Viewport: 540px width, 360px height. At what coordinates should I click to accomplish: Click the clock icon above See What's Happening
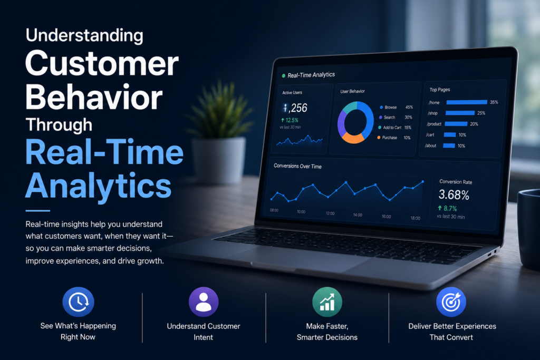point(78,302)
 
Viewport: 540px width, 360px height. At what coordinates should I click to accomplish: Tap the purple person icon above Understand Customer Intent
point(204,302)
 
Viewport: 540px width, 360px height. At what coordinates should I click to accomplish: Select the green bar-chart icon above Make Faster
point(327,302)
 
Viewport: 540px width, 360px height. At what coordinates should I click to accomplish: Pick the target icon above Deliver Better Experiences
point(451,302)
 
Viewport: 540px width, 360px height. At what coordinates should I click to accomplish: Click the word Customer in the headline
point(102,64)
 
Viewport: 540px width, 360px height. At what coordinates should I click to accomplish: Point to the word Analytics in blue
point(99,186)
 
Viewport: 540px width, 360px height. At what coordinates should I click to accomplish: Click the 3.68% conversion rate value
point(454,195)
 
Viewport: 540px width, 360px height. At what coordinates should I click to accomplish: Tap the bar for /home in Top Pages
point(467,102)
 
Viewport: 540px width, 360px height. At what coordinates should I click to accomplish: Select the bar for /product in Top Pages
point(456,124)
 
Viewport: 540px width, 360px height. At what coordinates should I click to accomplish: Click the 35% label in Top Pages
point(494,102)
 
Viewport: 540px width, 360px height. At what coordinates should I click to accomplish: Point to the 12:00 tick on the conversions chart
point(330,213)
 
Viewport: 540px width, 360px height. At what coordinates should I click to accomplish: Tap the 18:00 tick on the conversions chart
point(416,218)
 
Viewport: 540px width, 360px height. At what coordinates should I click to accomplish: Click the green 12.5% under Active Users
point(290,120)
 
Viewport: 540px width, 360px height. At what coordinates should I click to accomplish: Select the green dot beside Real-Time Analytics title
point(283,76)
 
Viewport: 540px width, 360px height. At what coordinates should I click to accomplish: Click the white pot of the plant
point(218,160)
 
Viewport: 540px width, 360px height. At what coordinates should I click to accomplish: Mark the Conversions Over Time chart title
point(297,166)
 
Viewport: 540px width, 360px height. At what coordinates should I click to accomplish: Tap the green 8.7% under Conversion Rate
point(447,208)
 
